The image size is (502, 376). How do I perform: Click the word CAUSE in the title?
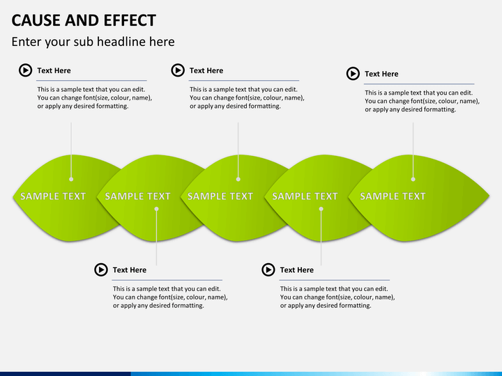(x=36, y=20)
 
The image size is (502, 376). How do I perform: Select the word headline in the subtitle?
(x=117, y=42)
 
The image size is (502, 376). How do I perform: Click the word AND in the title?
(x=81, y=20)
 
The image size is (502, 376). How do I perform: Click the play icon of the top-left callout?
(x=25, y=70)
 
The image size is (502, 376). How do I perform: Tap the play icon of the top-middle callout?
(x=178, y=70)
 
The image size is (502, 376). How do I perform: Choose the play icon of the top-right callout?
(x=353, y=74)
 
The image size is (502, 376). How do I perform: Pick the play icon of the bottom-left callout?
(x=101, y=269)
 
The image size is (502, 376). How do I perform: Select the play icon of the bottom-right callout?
(x=268, y=269)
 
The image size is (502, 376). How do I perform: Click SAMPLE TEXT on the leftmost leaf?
(x=53, y=196)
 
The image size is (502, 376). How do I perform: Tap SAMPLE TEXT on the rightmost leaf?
(x=393, y=196)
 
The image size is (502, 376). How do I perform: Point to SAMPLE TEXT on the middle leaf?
(x=220, y=196)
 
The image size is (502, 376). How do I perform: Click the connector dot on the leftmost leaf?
(x=71, y=179)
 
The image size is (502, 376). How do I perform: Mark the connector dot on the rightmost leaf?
(x=413, y=179)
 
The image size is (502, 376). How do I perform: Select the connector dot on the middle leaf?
(x=238, y=179)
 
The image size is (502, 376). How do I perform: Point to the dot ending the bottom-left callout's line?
(x=156, y=208)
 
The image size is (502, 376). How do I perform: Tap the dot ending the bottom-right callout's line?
(x=321, y=208)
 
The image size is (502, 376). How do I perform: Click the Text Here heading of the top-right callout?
(x=381, y=74)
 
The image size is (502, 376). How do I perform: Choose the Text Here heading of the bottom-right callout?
(x=296, y=269)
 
